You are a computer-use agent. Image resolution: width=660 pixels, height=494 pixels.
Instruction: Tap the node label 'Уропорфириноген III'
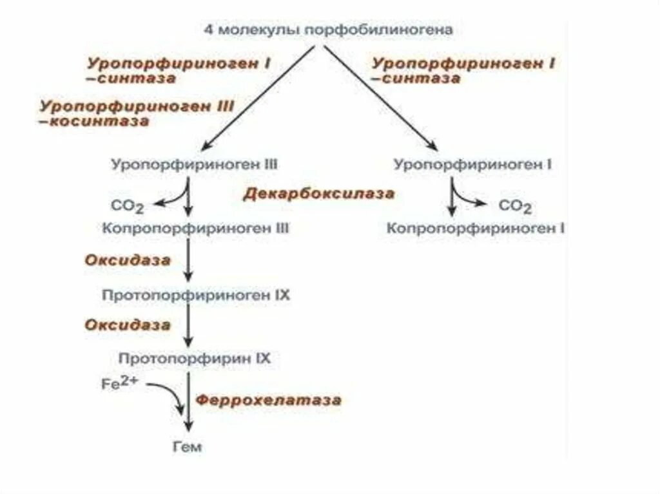(194, 164)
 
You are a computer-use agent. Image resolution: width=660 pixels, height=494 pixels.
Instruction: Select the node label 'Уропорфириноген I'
(472, 164)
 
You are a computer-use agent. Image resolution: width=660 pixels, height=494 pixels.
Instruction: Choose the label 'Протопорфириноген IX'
(196, 296)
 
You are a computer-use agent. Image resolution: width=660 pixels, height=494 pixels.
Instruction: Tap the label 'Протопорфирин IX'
(195, 358)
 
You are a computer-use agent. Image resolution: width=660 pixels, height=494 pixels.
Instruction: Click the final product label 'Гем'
(188, 446)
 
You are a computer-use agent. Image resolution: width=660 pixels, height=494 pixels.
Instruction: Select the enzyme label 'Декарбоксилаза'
(318, 194)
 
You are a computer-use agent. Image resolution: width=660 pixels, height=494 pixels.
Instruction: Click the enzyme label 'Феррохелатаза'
(268, 400)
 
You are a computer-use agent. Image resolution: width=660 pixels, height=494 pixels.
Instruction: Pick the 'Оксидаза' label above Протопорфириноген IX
(128, 261)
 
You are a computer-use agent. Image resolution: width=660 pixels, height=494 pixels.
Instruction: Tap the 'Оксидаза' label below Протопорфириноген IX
(128, 325)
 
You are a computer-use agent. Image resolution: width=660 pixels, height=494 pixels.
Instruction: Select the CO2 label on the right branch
(516, 207)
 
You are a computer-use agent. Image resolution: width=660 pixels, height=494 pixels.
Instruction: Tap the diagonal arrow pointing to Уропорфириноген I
(380, 97)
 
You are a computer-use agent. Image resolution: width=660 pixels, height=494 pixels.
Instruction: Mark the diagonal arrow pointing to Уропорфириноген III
(258, 97)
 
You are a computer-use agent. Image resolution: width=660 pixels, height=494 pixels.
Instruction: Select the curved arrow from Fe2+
(169, 394)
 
